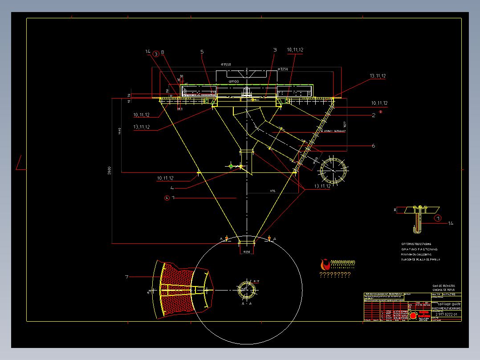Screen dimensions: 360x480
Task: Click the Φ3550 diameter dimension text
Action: click(x=226, y=65)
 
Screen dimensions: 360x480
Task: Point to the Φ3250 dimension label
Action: click(x=283, y=69)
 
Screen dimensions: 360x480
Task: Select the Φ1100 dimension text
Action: click(x=234, y=82)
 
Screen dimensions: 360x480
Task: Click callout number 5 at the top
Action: click(x=202, y=52)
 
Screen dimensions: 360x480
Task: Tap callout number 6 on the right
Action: click(x=373, y=146)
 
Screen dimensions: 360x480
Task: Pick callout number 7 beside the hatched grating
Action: click(x=127, y=277)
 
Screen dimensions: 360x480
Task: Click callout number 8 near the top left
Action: click(x=163, y=52)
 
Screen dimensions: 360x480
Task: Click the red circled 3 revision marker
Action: click(x=155, y=54)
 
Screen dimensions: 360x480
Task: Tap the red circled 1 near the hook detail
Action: click(x=438, y=218)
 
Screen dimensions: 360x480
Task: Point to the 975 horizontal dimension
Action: click(x=273, y=191)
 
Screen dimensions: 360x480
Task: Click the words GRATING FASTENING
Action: click(x=419, y=250)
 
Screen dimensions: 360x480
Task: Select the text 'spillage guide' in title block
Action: click(x=447, y=304)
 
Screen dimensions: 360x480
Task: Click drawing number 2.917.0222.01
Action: click(x=446, y=315)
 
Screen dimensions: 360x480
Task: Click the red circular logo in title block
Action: click(x=413, y=315)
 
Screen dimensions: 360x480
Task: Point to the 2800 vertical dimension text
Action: click(x=109, y=171)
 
